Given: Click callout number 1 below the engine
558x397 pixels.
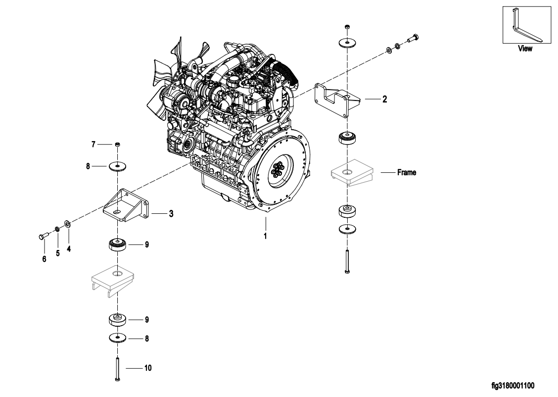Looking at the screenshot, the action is click(x=265, y=236).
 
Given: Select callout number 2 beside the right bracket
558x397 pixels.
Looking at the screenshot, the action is click(x=385, y=99).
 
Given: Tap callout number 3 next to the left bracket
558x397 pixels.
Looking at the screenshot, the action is click(x=171, y=214).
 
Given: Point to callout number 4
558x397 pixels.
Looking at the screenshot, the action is click(x=69, y=249).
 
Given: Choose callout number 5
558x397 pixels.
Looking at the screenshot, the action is click(x=58, y=253).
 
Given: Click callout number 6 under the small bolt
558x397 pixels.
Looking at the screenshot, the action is click(x=44, y=259).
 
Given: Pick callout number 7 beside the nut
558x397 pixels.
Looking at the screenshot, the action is click(x=93, y=144).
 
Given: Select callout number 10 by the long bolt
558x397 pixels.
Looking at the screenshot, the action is click(x=148, y=368).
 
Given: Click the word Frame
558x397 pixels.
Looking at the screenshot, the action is click(x=407, y=172).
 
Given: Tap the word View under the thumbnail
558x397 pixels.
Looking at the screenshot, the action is click(x=525, y=49).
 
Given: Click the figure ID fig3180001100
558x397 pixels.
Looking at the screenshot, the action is click(x=513, y=386).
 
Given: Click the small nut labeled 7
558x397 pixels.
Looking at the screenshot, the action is click(x=117, y=144).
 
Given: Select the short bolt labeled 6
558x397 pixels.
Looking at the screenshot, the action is click(x=43, y=236).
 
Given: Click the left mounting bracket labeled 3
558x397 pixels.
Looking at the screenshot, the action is click(x=126, y=206).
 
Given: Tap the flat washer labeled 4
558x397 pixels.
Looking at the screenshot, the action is click(x=67, y=224).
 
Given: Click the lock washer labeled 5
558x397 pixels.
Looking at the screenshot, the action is click(x=57, y=229).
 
